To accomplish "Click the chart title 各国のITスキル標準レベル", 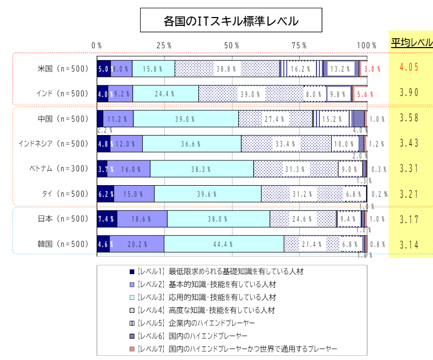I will tap(231, 21).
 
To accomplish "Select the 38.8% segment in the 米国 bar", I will tap(227, 68).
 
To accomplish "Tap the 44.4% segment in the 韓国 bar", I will tap(224, 244).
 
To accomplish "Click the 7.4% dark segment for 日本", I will tap(106, 219).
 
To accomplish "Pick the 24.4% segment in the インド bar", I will tap(165, 94).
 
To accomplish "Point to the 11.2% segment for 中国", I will tap(118, 118).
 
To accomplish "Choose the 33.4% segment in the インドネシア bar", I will tap(286, 144).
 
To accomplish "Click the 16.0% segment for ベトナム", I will tap(129, 169).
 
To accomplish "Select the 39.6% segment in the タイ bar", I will tap(207, 194).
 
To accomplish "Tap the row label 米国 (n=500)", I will tap(63, 68).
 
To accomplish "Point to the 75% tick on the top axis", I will tap(300, 46).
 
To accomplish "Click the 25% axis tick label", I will tap(164, 46).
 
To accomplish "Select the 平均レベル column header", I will tap(411, 43).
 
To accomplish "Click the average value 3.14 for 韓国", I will tap(410, 244).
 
